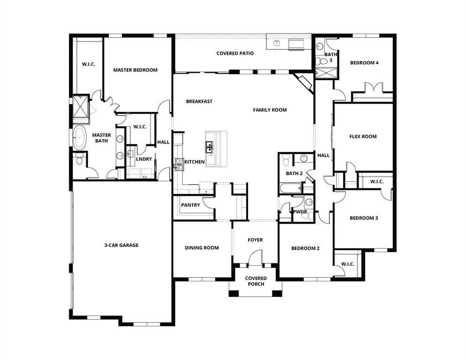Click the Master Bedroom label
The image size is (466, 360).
pos(135,70)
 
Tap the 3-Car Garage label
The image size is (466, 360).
pos(121,245)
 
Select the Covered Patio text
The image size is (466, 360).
pos(235,53)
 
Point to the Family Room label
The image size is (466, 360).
pos(270,110)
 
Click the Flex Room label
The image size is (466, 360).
pos(363,137)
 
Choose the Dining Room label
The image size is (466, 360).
pos(202,248)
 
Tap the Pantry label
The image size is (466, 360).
pos(191,205)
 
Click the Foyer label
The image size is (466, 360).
pos(255,240)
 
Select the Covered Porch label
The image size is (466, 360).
pos(256,281)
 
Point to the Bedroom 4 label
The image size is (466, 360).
pos(364,63)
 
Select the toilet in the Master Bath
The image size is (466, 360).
pos(79,161)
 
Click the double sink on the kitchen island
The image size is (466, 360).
pos(209,147)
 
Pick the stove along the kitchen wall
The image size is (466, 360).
pos(179,163)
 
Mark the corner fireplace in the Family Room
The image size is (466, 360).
pos(304,82)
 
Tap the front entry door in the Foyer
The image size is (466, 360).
pos(255,258)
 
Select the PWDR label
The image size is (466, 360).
pos(300,212)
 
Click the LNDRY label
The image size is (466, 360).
pos(144,159)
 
